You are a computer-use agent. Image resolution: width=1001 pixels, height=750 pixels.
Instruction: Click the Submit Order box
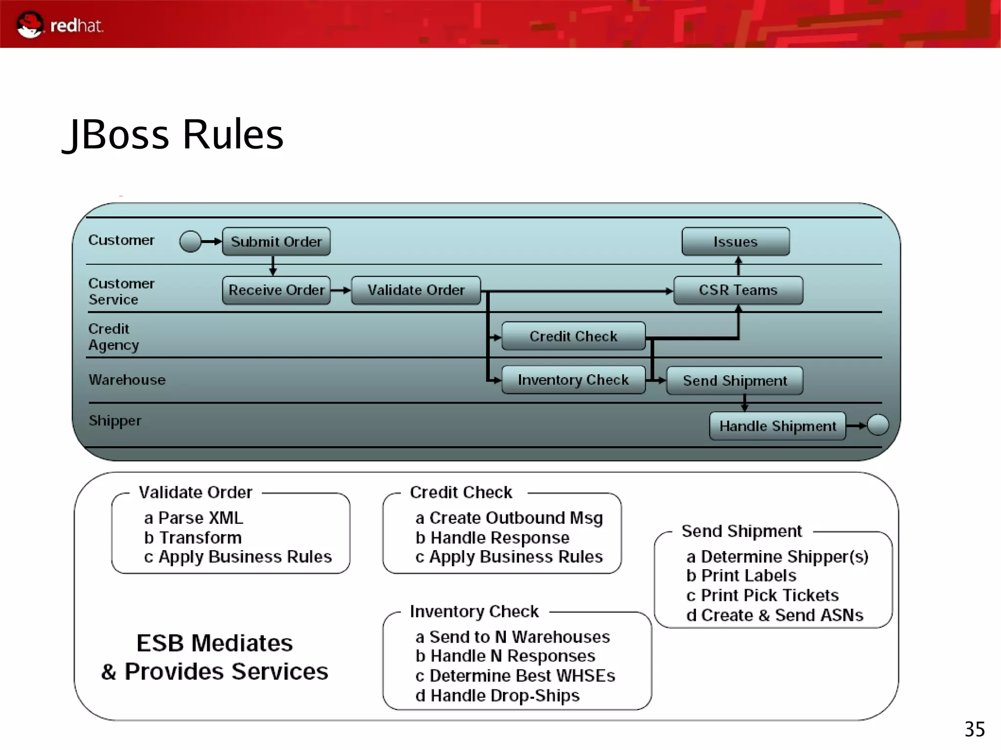276,241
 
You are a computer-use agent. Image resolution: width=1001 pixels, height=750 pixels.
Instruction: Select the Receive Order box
276,290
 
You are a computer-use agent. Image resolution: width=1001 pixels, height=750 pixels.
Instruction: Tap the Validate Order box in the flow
416,290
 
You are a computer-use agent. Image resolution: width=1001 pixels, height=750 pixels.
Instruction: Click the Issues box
735,241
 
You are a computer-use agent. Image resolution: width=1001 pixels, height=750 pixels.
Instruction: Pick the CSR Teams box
738,290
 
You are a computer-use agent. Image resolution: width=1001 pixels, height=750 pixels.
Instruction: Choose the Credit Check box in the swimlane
573,336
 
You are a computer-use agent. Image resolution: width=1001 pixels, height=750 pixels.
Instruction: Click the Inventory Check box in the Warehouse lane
573,380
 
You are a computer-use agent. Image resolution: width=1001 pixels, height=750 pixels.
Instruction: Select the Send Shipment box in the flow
735,381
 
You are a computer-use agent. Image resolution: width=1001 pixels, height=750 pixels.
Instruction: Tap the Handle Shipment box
777,426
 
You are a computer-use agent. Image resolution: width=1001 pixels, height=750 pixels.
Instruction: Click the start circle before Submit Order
190,241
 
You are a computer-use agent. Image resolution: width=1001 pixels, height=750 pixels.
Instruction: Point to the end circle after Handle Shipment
878,425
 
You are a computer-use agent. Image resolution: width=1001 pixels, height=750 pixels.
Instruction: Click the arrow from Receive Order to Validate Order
341,290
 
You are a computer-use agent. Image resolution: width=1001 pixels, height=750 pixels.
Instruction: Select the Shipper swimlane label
115,421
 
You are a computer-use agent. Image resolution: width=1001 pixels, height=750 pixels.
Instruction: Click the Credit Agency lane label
113,337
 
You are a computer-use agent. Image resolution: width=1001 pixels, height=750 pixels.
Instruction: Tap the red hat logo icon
30,24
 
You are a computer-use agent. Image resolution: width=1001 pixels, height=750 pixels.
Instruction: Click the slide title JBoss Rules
174,134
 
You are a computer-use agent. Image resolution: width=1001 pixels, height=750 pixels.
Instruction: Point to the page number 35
974,729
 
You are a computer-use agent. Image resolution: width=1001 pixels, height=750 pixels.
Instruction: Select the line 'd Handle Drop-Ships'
497,695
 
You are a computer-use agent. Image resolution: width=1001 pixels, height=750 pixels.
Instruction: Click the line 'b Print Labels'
741,576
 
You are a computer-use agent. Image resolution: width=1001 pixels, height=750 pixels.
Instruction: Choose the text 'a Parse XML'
194,518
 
